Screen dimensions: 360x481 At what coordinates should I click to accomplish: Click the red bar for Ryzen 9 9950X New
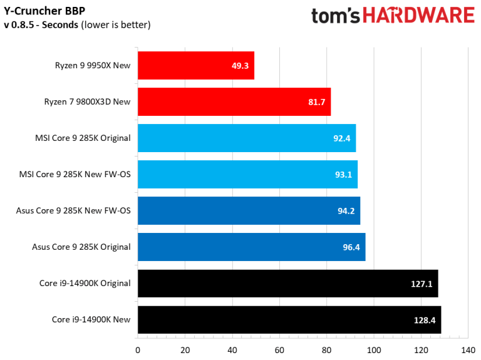[195, 66]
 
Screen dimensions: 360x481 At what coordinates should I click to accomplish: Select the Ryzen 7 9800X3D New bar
[234, 102]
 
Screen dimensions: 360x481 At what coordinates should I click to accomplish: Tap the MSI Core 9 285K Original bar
[246, 138]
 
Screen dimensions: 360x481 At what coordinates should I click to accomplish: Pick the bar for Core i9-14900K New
[289, 320]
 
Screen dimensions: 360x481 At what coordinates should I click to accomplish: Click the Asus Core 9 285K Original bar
[251, 247]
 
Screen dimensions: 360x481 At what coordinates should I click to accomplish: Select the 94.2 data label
[346, 211]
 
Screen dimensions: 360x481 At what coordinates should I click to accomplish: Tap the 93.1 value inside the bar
[343, 175]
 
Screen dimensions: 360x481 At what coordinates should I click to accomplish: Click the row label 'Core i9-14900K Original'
[85, 283]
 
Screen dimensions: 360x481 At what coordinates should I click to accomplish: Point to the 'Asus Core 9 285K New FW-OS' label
[73, 210]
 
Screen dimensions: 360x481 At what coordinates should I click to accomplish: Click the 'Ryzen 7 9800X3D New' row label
[87, 101]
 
